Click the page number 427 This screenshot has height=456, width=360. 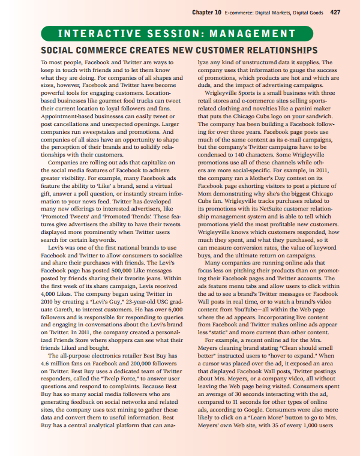click(335, 13)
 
